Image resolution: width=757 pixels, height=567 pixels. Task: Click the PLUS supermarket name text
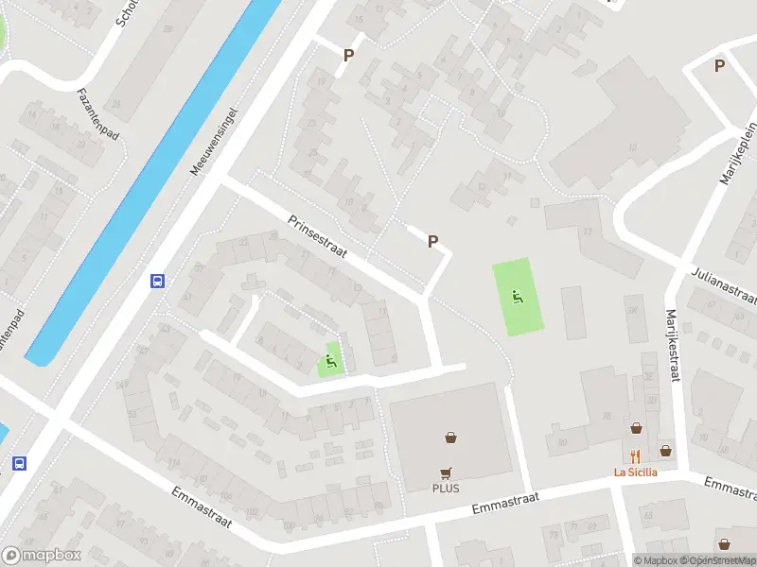pos(446,489)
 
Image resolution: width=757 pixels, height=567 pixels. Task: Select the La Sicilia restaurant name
pos(635,472)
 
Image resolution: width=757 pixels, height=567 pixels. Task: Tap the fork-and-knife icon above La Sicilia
pos(635,453)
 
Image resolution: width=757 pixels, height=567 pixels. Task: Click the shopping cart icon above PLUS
pos(446,472)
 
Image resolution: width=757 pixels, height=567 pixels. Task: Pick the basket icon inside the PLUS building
pos(451,438)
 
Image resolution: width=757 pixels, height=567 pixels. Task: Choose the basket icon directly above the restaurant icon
pos(636,428)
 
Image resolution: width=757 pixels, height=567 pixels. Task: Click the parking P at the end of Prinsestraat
pos(432,241)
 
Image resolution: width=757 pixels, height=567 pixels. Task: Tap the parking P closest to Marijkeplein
pos(719,65)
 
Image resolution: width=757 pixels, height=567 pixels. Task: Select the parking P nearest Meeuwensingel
pos(348,55)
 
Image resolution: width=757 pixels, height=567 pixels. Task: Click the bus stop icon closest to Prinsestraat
pos(157,281)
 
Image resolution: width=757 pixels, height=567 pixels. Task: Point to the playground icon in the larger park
pos(516,297)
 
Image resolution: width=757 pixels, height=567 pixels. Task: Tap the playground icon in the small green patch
pos(329,359)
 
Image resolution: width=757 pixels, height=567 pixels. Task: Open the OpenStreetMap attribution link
pos(715,560)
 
